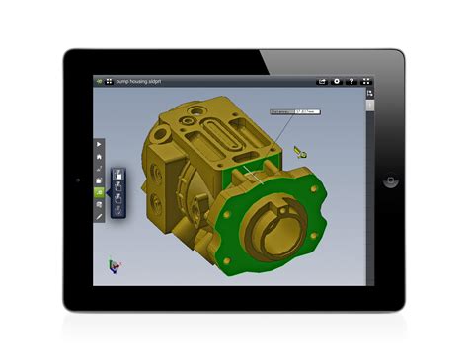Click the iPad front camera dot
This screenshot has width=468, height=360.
tap(78, 181)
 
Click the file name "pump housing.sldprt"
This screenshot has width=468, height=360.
tap(137, 80)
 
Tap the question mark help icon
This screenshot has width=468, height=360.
tap(351, 80)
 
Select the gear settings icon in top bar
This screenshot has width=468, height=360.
tap(337, 80)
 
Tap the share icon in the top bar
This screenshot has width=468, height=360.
tap(321, 80)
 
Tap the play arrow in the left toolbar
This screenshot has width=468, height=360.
tap(99, 145)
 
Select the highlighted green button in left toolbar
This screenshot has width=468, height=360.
tap(99, 192)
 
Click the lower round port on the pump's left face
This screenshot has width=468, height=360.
tap(158, 207)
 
